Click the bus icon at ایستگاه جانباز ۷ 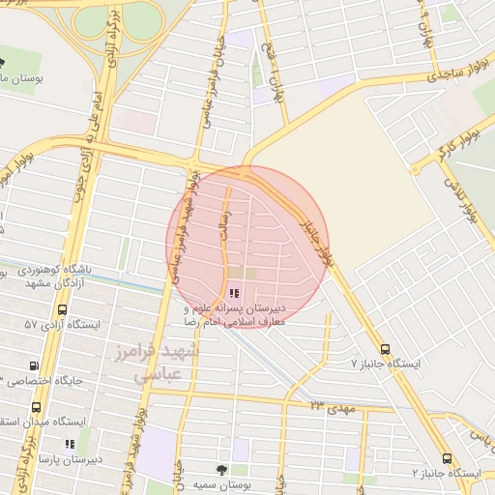(386, 349)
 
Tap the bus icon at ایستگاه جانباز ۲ (446, 459)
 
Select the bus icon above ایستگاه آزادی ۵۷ (63, 310)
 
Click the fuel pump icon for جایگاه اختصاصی (36, 366)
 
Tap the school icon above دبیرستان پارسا (69, 445)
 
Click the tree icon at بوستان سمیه (223, 468)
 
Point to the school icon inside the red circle (234, 293)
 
